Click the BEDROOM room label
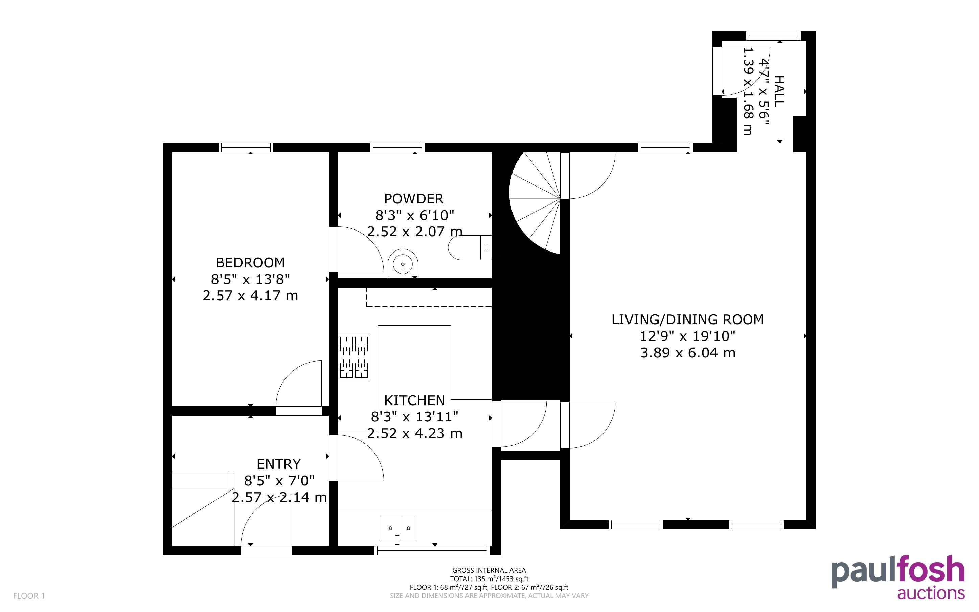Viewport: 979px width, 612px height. pyautogui.click(x=250, y=263)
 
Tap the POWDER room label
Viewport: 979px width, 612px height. pyautogui.click(x=414, y=199)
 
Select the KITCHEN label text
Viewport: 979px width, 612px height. pyautogui.click(x=414, y=400)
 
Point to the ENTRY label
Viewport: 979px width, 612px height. pyautogui.click(x=279, y=464)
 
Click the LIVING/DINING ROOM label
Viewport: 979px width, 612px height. pyautogui.click(x=687, y=320)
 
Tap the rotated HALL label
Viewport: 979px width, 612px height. pyautogui.click(x=779, y=91)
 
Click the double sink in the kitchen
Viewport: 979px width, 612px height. pyautogui.click(x=397, y=528)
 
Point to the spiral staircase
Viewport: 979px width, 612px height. pyautogui.click(x=534, y=203)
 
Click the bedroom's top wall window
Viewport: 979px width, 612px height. pyautogui.click(x=246, y=147)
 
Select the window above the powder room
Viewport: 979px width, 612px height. pyautogui.click(x=397, y=147)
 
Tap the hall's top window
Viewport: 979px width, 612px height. pyautogui.click(x=774, y=36)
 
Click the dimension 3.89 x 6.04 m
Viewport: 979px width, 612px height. pyautogui.click(x=687, y=353)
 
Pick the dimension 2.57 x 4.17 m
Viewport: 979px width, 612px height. pyautogui.click(x=250, y=296)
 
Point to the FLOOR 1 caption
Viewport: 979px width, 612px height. pyautogui.click(x=29, y=596)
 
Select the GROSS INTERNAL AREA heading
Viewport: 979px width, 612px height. pyautogui.click(x=489, y=571)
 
